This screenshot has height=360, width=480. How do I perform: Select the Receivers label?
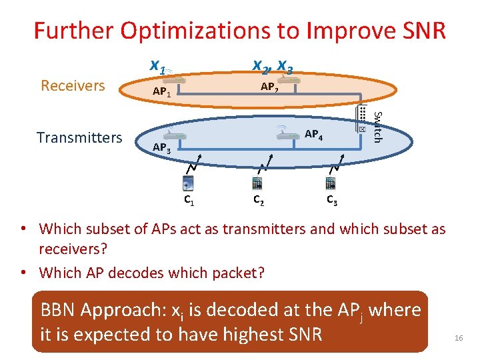(x=73, y=85)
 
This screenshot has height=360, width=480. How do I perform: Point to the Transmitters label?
(x=79, y=138)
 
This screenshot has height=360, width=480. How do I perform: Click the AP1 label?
(x=162, y=92)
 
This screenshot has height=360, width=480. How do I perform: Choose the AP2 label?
(x=270, y=87)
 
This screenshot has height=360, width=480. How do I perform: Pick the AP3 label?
(x=162, y=147)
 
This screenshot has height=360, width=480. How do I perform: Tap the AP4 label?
(x=313, y=135)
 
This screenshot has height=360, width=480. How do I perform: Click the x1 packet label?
(x=159, y=66)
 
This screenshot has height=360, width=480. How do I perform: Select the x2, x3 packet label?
(x=272, y=66)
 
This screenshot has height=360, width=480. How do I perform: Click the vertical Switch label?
(x=377, y=127)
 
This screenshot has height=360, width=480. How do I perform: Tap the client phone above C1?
(x=189, y=183)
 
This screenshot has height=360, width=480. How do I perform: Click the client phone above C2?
(x=257, y=183)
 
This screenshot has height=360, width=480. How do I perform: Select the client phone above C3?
(x=330, y=183)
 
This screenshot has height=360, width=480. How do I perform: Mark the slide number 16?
(x=458, y=339)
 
